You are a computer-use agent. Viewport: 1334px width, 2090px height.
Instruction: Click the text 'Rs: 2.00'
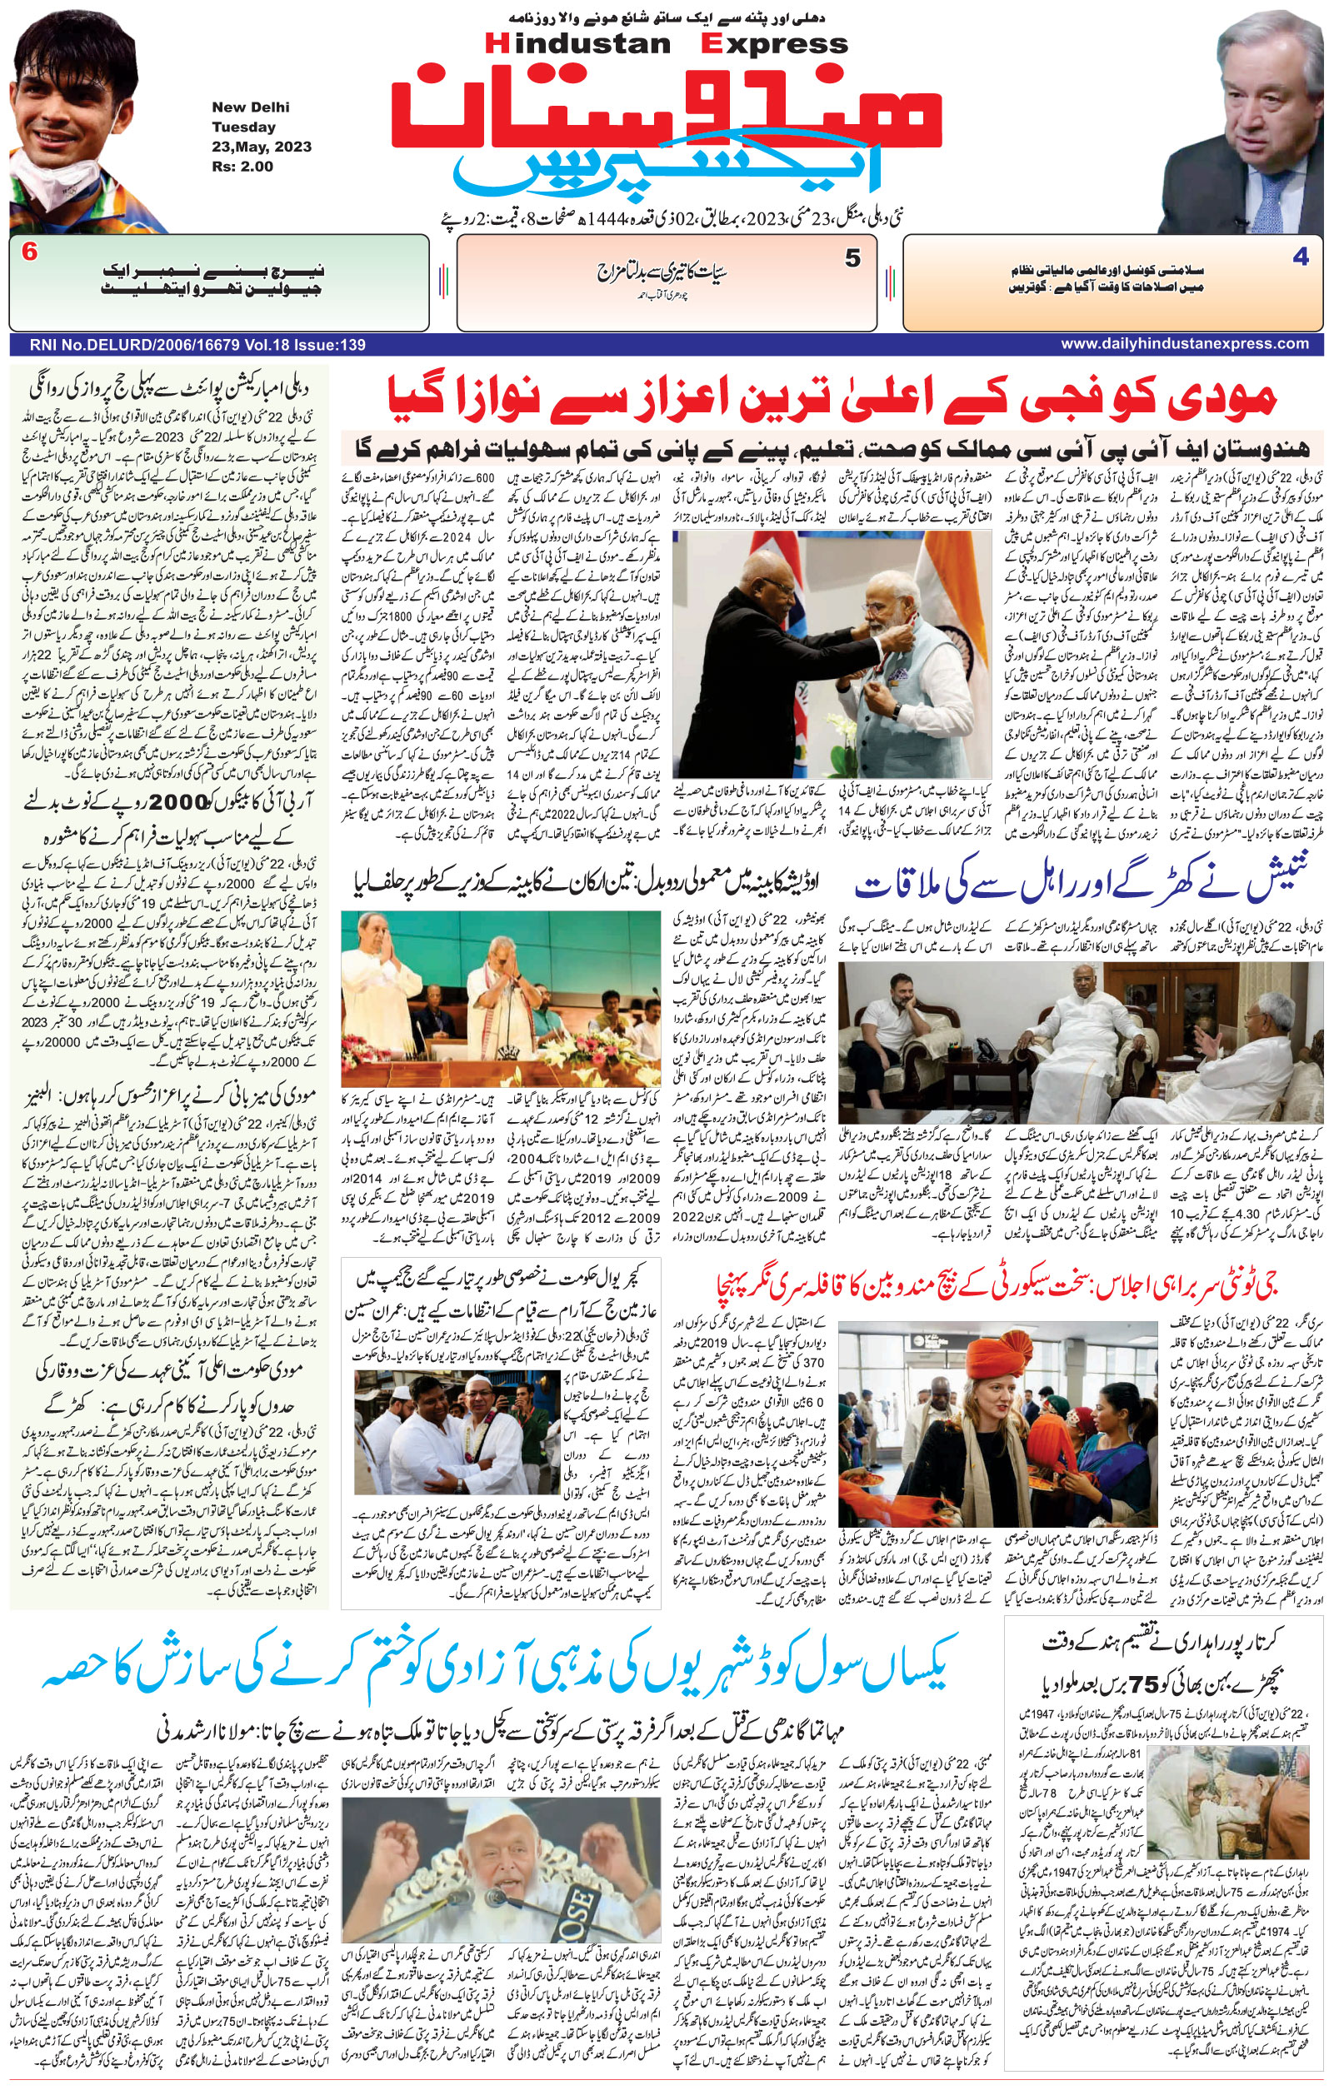tap(242, 166)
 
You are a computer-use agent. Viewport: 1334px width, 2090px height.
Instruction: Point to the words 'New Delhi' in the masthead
tap(251, 107)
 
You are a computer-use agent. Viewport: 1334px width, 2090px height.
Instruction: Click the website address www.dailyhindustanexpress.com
tap(1184, 344)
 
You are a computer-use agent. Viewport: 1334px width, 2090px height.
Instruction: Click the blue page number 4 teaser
tap(1299, 257)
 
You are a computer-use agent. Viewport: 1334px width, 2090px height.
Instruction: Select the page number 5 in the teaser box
tap(852, 258)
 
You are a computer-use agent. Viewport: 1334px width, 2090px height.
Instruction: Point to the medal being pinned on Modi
tap(883, 676)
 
